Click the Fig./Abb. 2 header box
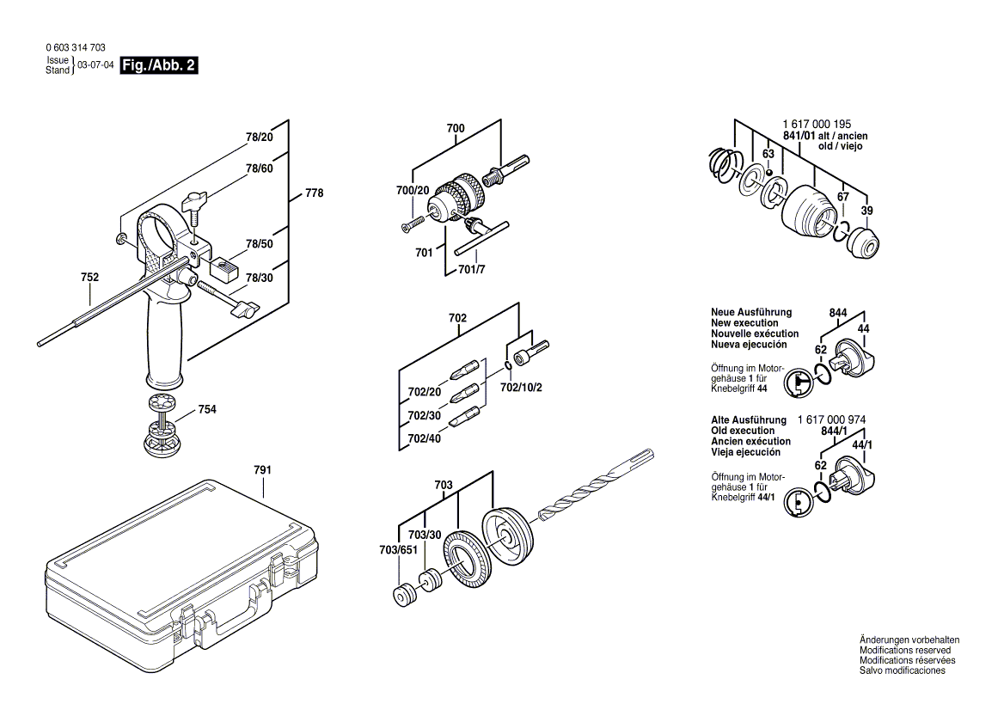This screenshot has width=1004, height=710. pyautogui.click(x=159, y=65)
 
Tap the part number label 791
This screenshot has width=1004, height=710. pyautogui.click(x=262, y=470)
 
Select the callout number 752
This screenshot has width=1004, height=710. pyautogui.click(x=89, y=277)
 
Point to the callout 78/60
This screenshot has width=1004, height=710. pyautogui.click(x=259, y=168)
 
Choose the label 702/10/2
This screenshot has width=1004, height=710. pyautogui.click(x=521, y=387)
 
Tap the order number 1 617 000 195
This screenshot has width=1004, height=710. pyautogui.click(x=817, y=125)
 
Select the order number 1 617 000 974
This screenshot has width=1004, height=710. pyautogui.click(x=832, y=419)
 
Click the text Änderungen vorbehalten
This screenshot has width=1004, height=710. pyautogui.click(x=909, y=640)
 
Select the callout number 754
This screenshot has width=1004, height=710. pyautogui.click(x=207, y=409)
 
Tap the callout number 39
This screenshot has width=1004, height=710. pyautogui.click(x=866, y=211)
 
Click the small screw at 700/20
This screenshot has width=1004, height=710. pyautogui.click(x=412, y=223)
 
